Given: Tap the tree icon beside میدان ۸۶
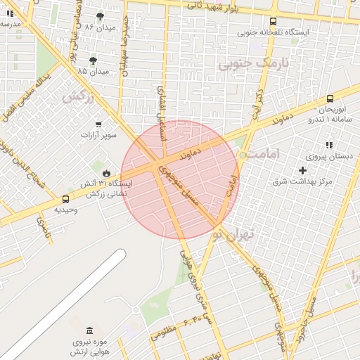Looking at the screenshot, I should [100, 15].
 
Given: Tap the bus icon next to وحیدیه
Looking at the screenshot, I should [65, 199].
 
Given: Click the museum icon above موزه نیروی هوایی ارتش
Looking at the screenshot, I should [89, 331].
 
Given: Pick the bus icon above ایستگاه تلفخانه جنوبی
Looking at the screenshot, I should [274, 21].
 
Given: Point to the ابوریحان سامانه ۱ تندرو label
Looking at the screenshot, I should [328, 115].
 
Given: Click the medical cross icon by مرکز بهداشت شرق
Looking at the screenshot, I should [303, 170].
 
